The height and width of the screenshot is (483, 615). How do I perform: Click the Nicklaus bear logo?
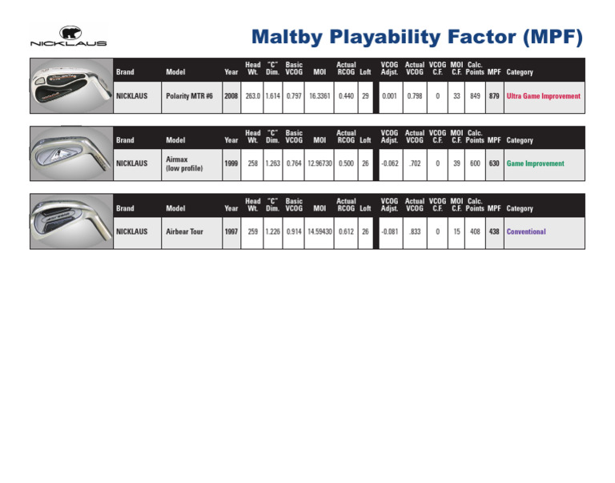tap(68, 36)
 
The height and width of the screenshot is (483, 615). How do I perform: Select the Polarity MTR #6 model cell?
tap(191, 97)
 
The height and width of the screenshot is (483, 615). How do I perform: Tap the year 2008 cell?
tap(231, 97)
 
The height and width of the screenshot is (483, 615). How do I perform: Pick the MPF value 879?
tap(494, 96)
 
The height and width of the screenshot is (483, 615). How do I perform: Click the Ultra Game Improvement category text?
tap(543, 96)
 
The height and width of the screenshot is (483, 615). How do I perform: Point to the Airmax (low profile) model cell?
tap(191, 164)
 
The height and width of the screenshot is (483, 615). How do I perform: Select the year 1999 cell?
tap(231, 164)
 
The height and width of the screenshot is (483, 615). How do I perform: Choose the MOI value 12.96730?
tap(320, 163)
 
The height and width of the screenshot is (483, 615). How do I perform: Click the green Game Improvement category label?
tap(536, 163)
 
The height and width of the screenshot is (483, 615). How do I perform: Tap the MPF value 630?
tap(494, 163)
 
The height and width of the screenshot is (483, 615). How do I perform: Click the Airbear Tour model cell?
tap(191, 232)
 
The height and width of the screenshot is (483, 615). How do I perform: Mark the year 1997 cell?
tap(231, 232)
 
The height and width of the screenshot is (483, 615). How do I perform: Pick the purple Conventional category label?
tap(526, 231)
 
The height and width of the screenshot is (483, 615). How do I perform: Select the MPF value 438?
tap(494, 231)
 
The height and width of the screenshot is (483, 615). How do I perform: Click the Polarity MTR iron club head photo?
tap(71, 86)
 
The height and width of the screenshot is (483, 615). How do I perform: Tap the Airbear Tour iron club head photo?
tap(71, 221)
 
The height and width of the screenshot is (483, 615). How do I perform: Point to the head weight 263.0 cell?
tap(252, 97)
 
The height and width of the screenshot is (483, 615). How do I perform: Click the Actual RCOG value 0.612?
tap(346, 231)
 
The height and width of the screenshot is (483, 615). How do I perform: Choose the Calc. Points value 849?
tap(475, 96)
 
